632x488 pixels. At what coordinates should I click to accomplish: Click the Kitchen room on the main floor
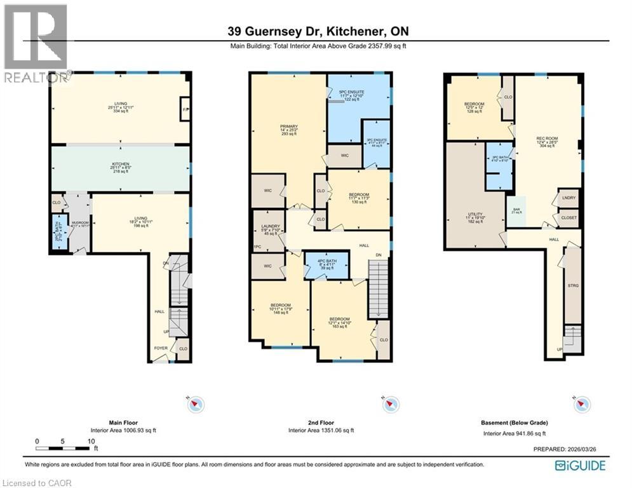coord(121,168)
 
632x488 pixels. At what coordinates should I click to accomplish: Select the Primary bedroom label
coord(289,130)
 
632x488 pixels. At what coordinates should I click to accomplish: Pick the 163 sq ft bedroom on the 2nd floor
coord(339,322)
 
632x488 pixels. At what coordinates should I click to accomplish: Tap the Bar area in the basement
coord(516,211)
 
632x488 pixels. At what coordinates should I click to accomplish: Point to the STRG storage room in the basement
coord(572,286)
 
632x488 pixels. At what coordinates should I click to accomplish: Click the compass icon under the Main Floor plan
coord(196,403)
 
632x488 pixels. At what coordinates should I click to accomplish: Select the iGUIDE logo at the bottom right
coord(580,466)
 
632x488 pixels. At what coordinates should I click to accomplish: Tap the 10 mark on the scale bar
coord(91,441)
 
